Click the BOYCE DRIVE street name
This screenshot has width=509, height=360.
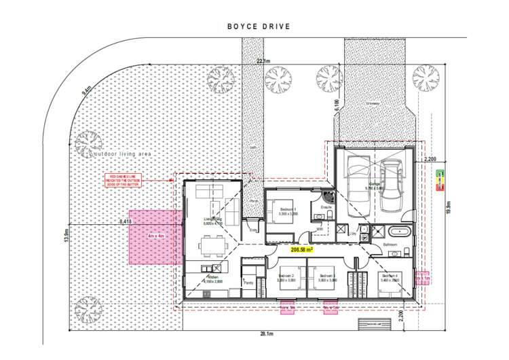259,27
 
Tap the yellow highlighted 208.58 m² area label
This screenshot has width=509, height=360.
303,249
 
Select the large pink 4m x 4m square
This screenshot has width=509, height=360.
155,237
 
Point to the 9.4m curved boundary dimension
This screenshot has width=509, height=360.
86,90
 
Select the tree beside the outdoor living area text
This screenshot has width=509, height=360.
87,143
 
